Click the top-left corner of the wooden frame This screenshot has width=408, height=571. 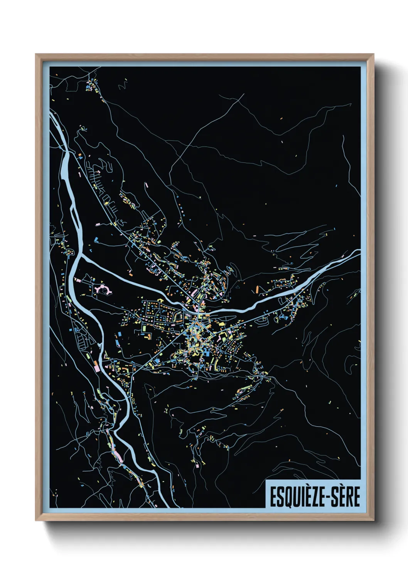[x=36, y=55]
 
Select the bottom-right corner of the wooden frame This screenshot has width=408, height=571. [x=373, y=520]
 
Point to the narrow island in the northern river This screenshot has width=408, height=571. [x=73, y=212]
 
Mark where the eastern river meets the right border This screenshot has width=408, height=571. [x=359, y=251]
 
